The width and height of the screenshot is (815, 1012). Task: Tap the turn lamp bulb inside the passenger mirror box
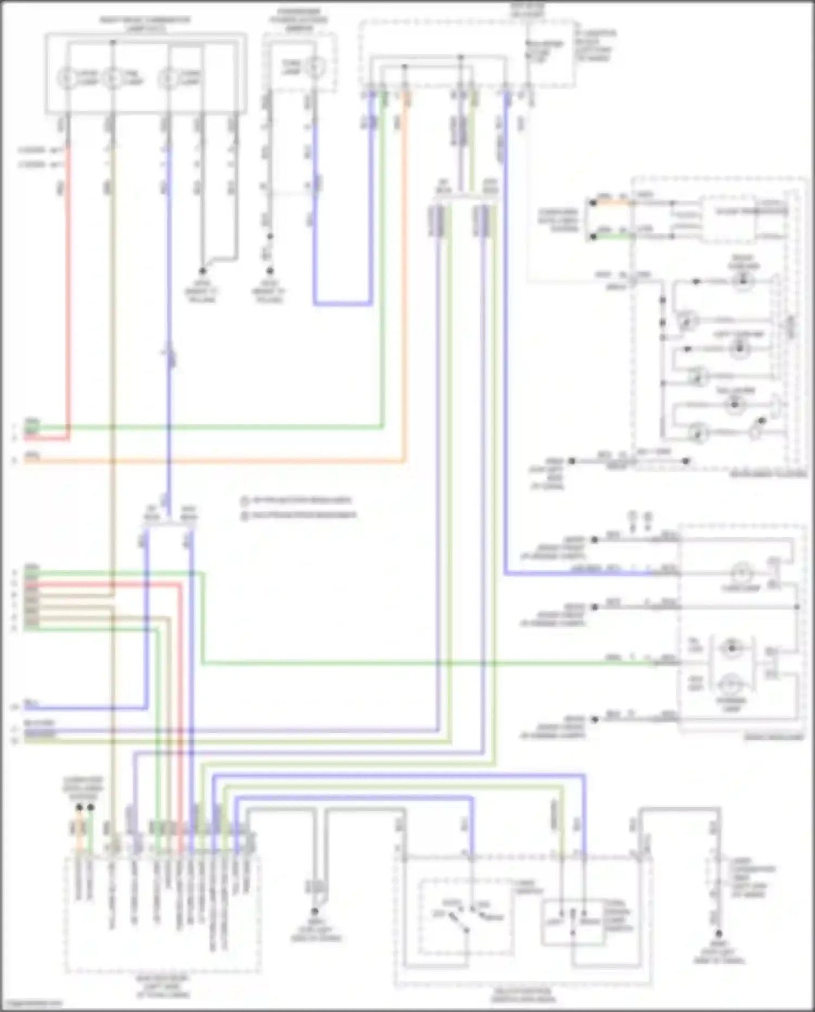point(313,68)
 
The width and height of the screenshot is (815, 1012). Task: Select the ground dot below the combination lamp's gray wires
point(202,271)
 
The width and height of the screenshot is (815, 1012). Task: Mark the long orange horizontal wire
point(217,462)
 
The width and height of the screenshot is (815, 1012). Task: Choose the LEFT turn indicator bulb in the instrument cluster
point(739,349)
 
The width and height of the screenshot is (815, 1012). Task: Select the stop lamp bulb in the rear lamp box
point(731,682)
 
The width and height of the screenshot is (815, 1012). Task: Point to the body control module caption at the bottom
point(163,986)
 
